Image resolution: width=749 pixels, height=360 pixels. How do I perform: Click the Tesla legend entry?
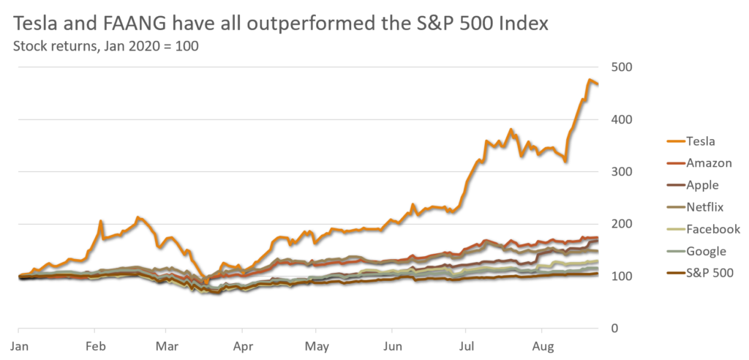click(x=700, y=140)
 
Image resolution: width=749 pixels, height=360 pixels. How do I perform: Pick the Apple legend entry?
click(x=701, y=185)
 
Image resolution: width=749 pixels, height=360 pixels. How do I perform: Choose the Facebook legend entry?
click(x=712, y=229)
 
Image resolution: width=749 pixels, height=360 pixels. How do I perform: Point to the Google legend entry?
click(x=705, y=251)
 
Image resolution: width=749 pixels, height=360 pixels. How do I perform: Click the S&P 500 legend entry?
click(x=709, y=274)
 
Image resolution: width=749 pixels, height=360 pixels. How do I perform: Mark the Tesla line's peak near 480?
click(x=589, y=78)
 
